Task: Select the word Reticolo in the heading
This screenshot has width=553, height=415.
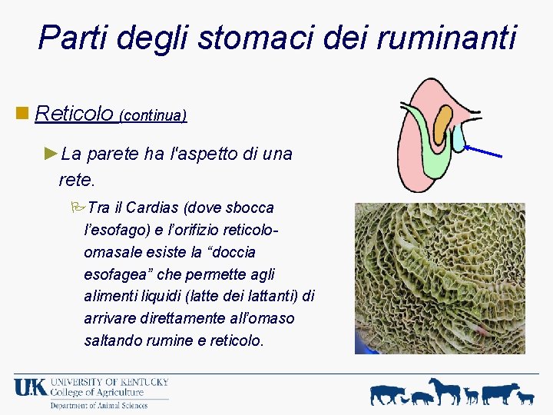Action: coord(75,114)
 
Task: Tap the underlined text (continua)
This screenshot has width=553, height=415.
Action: coord(153,116)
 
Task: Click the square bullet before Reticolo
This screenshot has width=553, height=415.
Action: coord(22,114)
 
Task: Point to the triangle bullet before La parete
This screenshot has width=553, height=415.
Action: coord(51,153)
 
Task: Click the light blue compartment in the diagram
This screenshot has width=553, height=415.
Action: coord(458,139)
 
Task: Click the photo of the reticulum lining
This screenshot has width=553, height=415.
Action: coord(439,278)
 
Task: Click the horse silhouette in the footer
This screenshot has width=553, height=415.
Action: coord(445,390)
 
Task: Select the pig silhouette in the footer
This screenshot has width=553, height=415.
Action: coord(422,397)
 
